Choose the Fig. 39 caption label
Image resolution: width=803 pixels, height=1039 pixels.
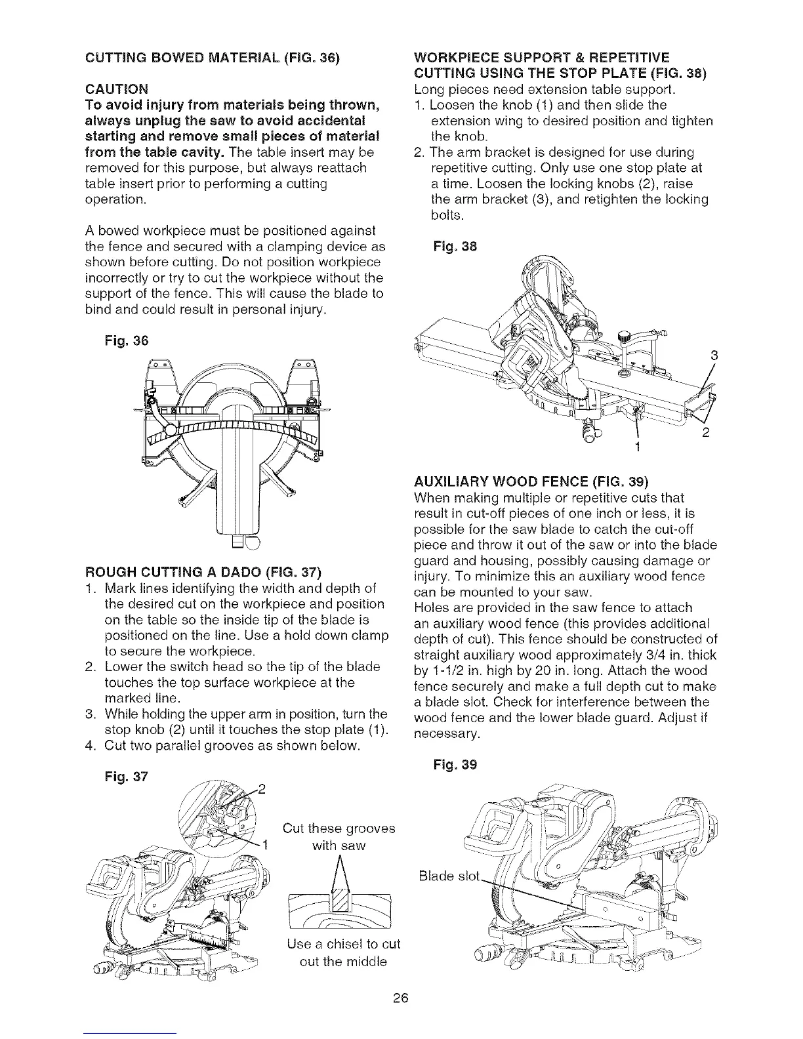pos(457,764)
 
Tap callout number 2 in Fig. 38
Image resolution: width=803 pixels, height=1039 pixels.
pos(706,434)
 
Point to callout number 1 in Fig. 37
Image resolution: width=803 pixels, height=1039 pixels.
pos(265,844)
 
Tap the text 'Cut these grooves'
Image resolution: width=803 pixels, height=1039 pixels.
pos(339,828)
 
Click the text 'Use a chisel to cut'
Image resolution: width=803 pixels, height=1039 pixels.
pos(343,944)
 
